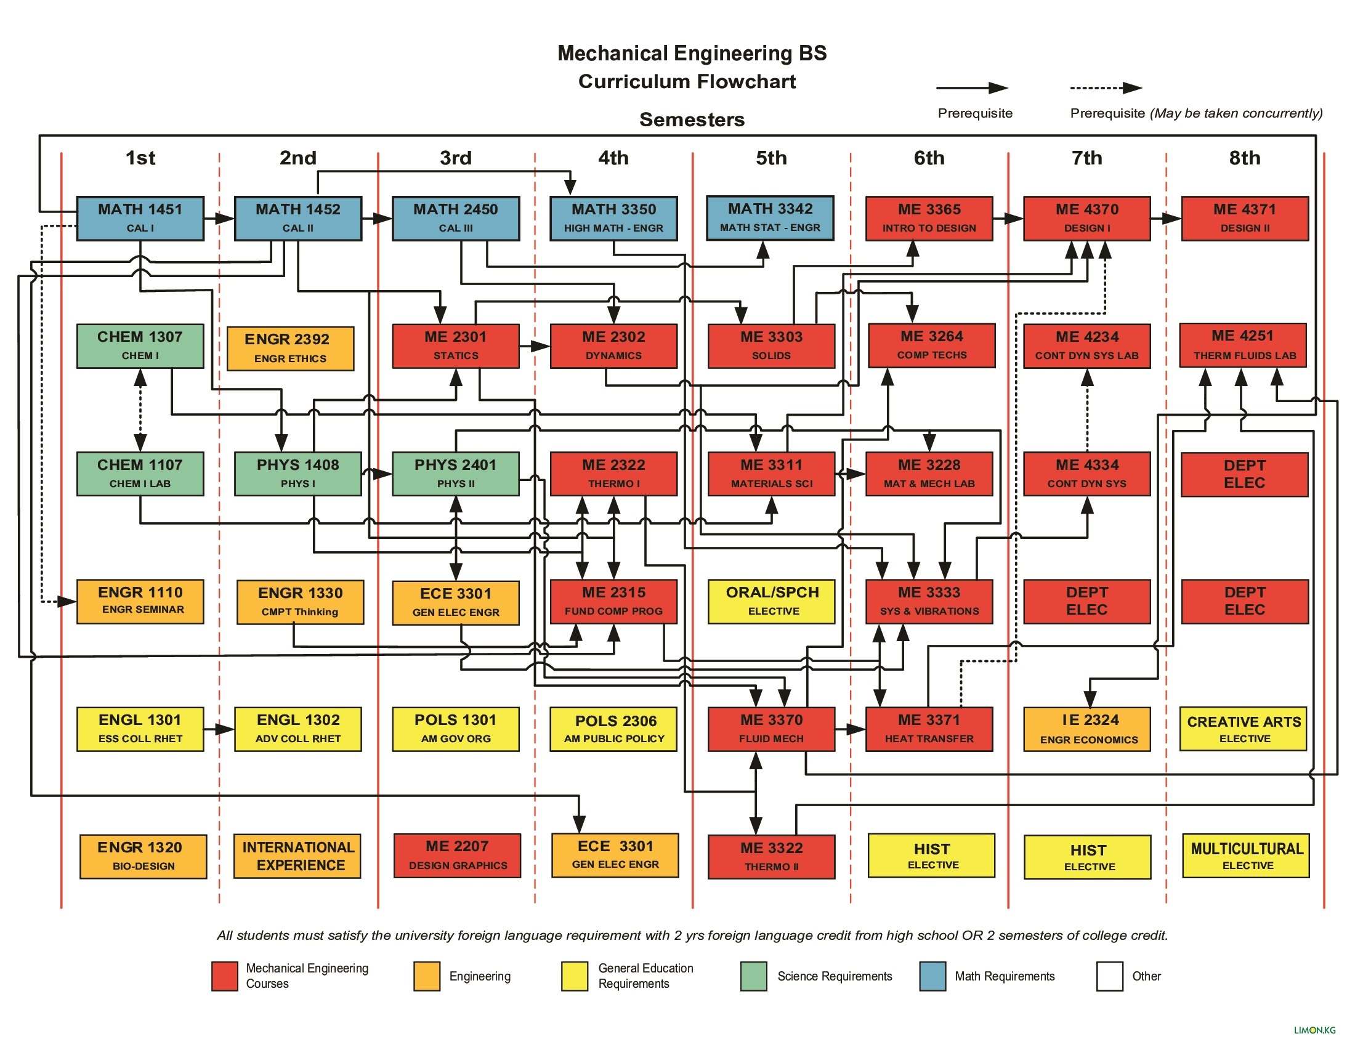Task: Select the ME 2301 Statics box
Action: coord(455,346)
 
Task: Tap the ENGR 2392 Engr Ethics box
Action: coord(289,348)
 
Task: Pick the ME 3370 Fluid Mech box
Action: coord(771,728)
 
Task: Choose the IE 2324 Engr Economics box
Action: coord(1086,728)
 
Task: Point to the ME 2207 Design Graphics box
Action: coord(456,855)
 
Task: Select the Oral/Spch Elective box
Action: coord(772,600)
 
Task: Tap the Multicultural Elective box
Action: coord(1245,855)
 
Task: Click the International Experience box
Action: coord(297,855)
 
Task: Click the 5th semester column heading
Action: coord(771,158)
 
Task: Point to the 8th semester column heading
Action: coord(1244,158)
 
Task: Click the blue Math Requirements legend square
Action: coord(932,976)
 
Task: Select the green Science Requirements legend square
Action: coord(753,976)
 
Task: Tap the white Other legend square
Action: coord(1109,976)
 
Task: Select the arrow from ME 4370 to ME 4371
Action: coord(1165,219)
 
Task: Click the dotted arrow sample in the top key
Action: coord(1106,88)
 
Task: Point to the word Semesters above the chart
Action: coord(691,119)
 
